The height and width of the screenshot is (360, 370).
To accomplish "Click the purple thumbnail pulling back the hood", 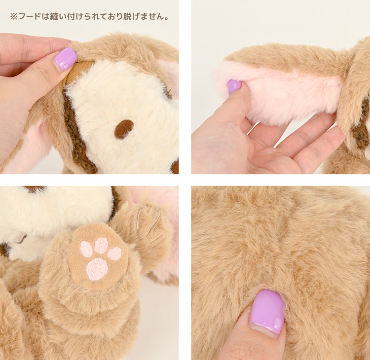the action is click(x=65, y=59).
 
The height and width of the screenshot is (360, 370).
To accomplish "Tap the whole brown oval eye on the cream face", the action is click(x=124, y=129).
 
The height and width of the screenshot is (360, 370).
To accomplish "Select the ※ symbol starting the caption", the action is click(x=14, y=17).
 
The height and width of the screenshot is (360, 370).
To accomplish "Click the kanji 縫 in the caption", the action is click(x=54, y=16).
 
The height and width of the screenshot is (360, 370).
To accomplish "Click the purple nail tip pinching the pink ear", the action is click(x=234, y=86).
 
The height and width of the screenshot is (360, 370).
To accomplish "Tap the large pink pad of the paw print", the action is click(x=97, y=269).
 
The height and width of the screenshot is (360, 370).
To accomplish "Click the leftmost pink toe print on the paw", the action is click(x=86, y=249).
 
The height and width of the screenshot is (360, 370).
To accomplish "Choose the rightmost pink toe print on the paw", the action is click(x=114, y=253).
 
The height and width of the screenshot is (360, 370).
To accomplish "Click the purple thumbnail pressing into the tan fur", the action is click(x=267, y=311).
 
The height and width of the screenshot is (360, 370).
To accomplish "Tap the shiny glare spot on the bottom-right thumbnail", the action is click(x=277, y=322).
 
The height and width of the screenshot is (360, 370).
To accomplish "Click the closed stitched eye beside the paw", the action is click(x=20, y=240).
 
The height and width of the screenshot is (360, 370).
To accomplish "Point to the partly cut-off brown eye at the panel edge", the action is click(x=175, y=167).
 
